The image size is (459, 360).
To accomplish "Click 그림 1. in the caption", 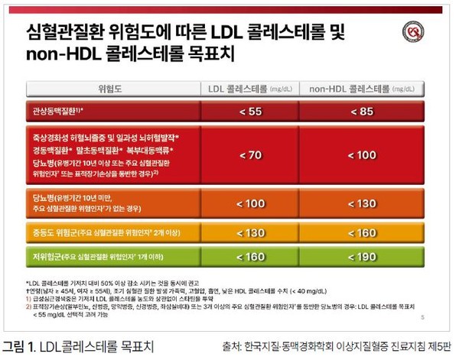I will click(x=20, y=345).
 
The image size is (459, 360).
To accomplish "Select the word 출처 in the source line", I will click(x=230, y=345).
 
